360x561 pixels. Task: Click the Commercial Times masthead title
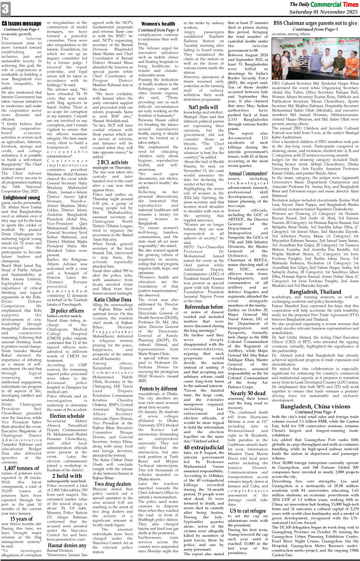(324, 5)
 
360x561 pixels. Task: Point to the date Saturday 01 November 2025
(328, 12)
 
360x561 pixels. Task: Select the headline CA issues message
(22, 23)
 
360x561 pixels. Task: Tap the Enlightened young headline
(22, 198)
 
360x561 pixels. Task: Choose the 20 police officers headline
(67, 311)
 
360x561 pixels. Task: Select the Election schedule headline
(67, 415)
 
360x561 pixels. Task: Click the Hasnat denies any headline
(68, 545)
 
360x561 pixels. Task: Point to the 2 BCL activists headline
(113, 162)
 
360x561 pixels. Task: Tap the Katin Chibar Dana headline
(113, 300)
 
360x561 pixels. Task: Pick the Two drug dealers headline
(113, 483)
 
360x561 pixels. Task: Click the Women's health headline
(158, 23)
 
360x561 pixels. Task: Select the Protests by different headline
(158, 388)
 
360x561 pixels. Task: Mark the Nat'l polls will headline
(204, 107)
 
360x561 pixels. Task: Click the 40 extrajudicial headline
(204, 447)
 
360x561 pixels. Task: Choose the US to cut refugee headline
(248, 511)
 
